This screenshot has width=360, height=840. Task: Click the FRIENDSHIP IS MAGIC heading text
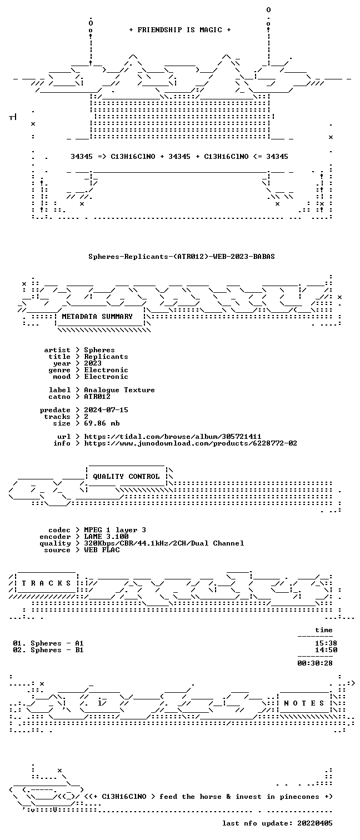[180, 30]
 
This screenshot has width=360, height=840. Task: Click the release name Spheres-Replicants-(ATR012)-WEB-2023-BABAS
[182, 257]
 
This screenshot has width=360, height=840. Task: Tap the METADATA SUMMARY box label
[97, 317]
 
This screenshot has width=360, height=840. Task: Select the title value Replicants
[106, 357]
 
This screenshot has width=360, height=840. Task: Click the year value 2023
[93, 363]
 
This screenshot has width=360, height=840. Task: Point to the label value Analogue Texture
[119, 390]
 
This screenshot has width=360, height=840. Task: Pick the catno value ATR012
[97, 397]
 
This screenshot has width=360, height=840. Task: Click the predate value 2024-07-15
[106, 410]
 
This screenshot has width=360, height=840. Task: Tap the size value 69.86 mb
[102, 423]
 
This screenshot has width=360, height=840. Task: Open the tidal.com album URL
[172, 437]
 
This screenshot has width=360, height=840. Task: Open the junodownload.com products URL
[191, 443]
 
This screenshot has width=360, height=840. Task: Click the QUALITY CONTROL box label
[126, 477]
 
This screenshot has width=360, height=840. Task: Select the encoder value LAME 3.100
[106, 537]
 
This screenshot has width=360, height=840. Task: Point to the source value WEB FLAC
[102, 550]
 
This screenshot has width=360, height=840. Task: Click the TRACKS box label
[46, 583]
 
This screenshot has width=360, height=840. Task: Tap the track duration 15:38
[326, 643]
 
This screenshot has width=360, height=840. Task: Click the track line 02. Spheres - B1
[48, 650]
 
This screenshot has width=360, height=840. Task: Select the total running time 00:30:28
[315, 663]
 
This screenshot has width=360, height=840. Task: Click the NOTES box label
[304, 703]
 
